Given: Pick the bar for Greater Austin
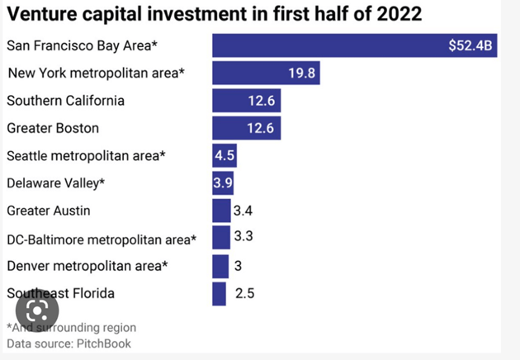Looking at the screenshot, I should [221, 211].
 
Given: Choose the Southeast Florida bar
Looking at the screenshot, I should [219, 293].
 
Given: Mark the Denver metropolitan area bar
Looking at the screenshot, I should [220, 266].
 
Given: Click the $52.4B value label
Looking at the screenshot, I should [470, 45].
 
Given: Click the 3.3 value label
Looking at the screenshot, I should [243, 238].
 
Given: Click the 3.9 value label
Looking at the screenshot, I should [223, 183].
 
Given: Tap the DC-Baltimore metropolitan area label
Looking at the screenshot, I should [102, 239].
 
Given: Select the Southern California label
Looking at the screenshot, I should [65, 101].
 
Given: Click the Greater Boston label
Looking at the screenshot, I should [53, 128].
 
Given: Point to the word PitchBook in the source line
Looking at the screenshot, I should [103, 343].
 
